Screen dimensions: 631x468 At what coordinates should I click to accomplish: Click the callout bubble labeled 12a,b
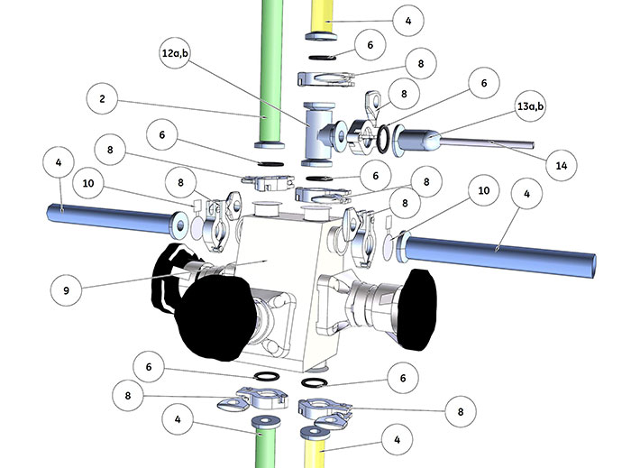pyautogui.click(x=175, y=52)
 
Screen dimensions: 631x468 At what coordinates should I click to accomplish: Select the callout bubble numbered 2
pyautogui.click(x=102, y=98)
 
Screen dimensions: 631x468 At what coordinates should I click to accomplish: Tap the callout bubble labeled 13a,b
pyautogui.click(x=530, y=106)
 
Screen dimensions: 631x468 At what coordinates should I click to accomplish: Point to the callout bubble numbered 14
pyautogui.click(x=562, y=165)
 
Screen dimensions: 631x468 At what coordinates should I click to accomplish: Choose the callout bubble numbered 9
pyautogui.click(x=67, y=290)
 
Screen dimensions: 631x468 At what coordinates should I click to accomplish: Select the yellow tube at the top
pyautogui.click(x=323, y=19)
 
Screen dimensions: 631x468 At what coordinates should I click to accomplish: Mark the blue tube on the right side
pyautogui.click(x=496, y=252)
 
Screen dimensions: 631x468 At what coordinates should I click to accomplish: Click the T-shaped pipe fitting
pyautogui.click(x=321, y=134)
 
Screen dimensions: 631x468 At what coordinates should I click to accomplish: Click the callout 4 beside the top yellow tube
pyautogui.click(x=408, y=20)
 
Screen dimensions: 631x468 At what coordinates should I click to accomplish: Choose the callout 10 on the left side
pyautogui.click(x=88, y=183)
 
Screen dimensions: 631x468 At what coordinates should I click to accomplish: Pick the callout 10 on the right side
pyautogui.click(x=484, y=190)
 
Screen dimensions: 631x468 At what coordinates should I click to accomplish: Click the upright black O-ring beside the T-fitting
pyautogui.click(x=384, y=139)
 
